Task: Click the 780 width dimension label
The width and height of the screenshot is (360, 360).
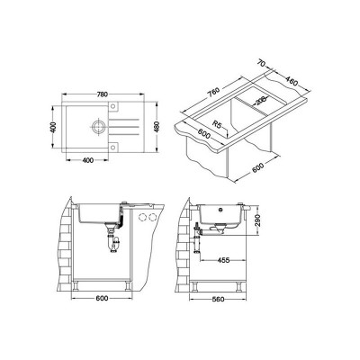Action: click(x=103, y=94)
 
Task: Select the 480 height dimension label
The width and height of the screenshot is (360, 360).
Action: click(x=157, y=127)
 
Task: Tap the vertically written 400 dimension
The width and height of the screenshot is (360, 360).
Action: click(x=53, y=127)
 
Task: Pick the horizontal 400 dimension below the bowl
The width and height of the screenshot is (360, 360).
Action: click(x=87, y=160)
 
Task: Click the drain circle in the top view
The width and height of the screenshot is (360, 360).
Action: click(x=98, y=126)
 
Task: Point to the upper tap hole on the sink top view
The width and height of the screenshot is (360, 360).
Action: click(x=113, y=105)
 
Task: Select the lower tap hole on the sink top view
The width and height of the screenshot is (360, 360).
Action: click(x=113, y=147)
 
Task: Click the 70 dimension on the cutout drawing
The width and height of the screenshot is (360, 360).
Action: click(x=262, y=63)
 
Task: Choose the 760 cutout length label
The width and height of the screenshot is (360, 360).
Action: click(x=214, y=91)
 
